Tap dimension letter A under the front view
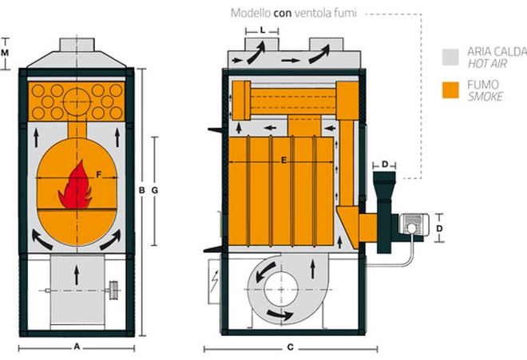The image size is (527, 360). click(x=77, y=347)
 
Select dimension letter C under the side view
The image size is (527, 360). click(x=291, y=347)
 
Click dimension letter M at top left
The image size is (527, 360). click(x=6, y=52)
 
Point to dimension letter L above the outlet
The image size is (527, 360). click(x=263, y=29)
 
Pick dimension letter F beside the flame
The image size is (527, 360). click(x=98, y=173)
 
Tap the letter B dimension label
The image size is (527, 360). click(x=141, y=190)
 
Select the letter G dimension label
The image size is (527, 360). click(x=155, y=190)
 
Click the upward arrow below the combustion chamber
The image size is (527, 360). click(x=77, y=275)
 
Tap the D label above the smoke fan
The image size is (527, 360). click(x=384, y=164)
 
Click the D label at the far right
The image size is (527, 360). click(x=439, y=227)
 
